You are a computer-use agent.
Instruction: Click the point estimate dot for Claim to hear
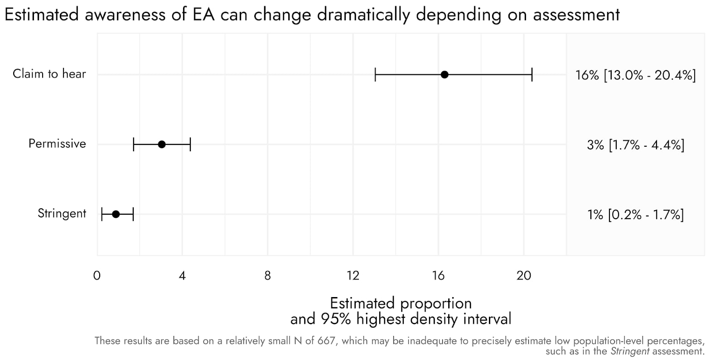pos(445,75)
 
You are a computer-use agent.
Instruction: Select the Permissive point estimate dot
pos(162,144)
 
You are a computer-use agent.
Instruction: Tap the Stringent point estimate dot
pos(116,214)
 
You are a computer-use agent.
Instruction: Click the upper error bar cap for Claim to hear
pos(532,75)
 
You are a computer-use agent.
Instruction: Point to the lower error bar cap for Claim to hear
pos(375,75)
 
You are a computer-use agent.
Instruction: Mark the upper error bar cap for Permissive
pos(190,144)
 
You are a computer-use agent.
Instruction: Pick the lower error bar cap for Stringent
pos(102,214)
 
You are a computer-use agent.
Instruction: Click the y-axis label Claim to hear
pos(49,74)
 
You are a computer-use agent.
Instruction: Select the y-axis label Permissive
pos(57,144)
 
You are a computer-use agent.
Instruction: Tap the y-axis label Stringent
pos(62,214)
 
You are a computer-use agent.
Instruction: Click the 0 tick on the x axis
pos(97,276)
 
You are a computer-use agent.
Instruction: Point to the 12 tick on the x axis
pos(353,276)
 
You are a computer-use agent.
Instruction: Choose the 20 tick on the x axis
pos(524,276)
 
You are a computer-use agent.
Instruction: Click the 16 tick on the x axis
pos(439,276)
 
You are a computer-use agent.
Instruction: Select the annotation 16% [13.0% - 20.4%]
pos(635,75)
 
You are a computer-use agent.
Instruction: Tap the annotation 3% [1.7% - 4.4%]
pos(636,145)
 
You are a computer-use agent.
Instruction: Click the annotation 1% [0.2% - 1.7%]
pos(636,215)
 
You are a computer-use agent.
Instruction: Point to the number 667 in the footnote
pos(326,341)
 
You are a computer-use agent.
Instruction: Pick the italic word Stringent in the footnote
pos(630,351)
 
